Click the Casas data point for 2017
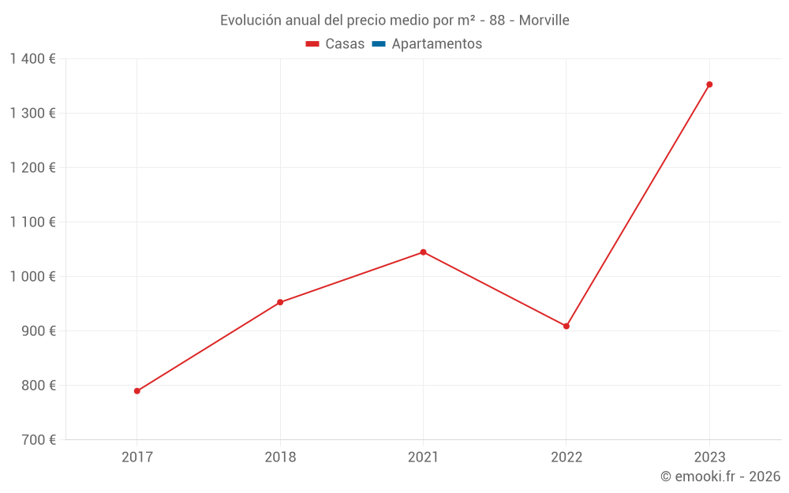point(137,390)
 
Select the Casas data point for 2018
point(280,302)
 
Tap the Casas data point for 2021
point(423,252)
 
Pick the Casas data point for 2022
point(567,326)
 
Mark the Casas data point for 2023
point(709,84)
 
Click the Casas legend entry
point(335,44)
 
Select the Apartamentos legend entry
point(426,44)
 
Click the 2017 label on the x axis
point(137,457)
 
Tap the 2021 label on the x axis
point(423,457)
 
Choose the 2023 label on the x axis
point(709,457)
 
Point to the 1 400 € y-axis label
point(33,58)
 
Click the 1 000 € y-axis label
point(33,276)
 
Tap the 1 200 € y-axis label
point(33,167)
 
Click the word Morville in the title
point(544,21)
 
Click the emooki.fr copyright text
point(720,476)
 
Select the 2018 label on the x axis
point(280,457)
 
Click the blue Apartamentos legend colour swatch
point(378,44)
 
